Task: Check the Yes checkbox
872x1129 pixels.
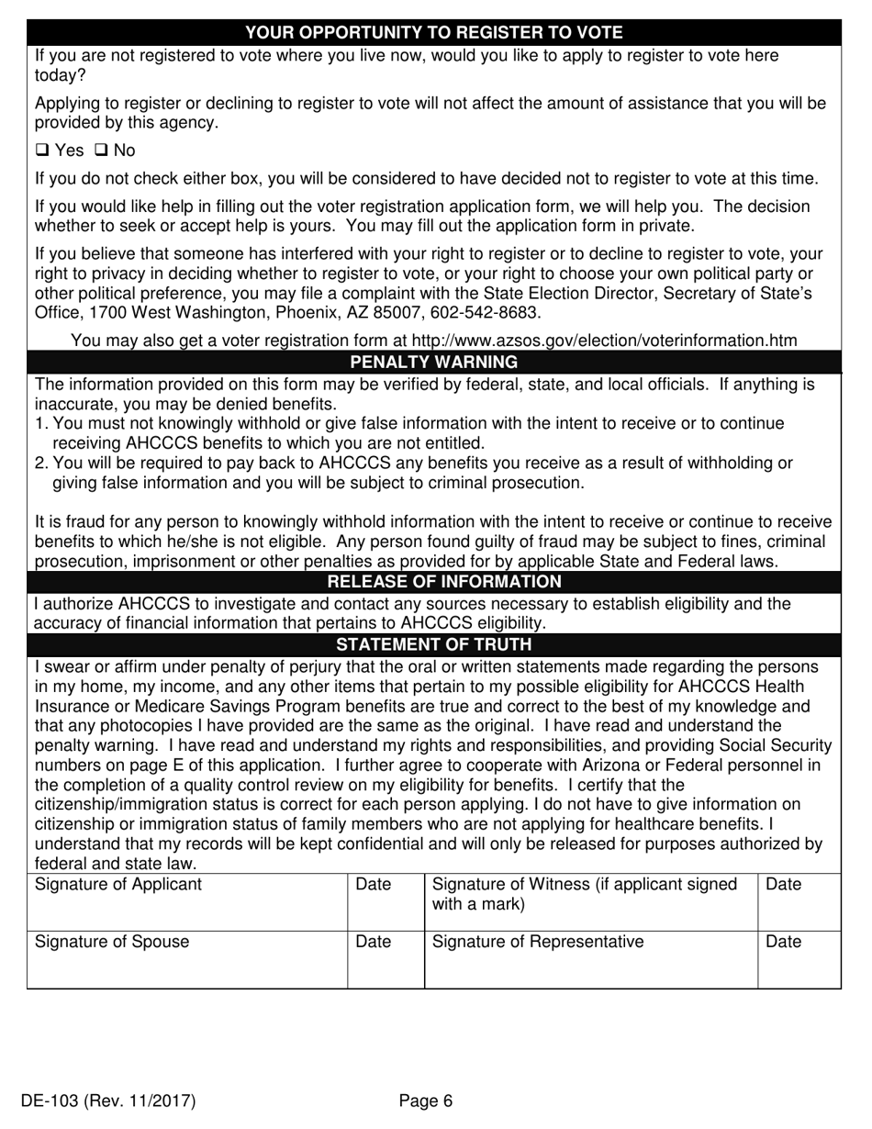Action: pos(41,151)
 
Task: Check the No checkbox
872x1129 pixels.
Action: pos(101,151)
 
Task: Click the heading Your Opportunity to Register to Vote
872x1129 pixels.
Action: pos(434,33)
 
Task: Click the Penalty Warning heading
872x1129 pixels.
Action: pos(434,362)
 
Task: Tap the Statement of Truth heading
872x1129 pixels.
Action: pos(434,644)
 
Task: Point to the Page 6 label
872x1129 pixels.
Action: pos(426,1101)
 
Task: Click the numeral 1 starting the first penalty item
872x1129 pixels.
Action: pos(39,423)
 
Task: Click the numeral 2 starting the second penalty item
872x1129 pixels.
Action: pos(39,464)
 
